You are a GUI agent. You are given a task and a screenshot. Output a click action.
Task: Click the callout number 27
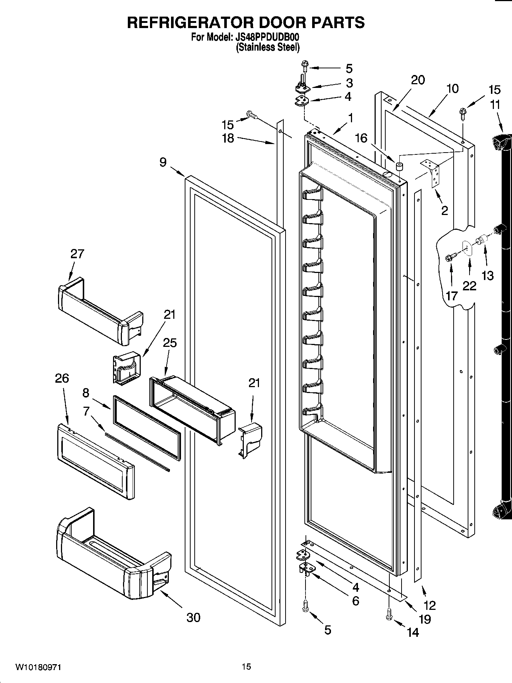[x=77, y=254]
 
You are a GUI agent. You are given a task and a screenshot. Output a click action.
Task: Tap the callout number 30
[x=193, y=617]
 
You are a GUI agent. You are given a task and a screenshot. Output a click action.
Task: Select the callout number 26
[x=62, y=378]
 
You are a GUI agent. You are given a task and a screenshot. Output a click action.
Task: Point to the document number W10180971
[x=38, y=667]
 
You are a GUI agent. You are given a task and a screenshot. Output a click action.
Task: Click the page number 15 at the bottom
[x=246, y=667]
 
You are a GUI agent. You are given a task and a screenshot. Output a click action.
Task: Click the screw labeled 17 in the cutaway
[x=450, y=258]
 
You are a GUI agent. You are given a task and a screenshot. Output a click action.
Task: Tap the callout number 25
[x=170, y=343]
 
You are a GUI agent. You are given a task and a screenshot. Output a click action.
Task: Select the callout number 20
[x=418, y=80]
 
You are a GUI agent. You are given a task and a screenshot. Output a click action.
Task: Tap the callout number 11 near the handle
[x=495, y=105]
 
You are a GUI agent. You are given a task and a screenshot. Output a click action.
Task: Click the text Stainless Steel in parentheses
[x=267, y=47]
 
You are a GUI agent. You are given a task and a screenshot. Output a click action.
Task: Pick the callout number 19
[x=425, y=619]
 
